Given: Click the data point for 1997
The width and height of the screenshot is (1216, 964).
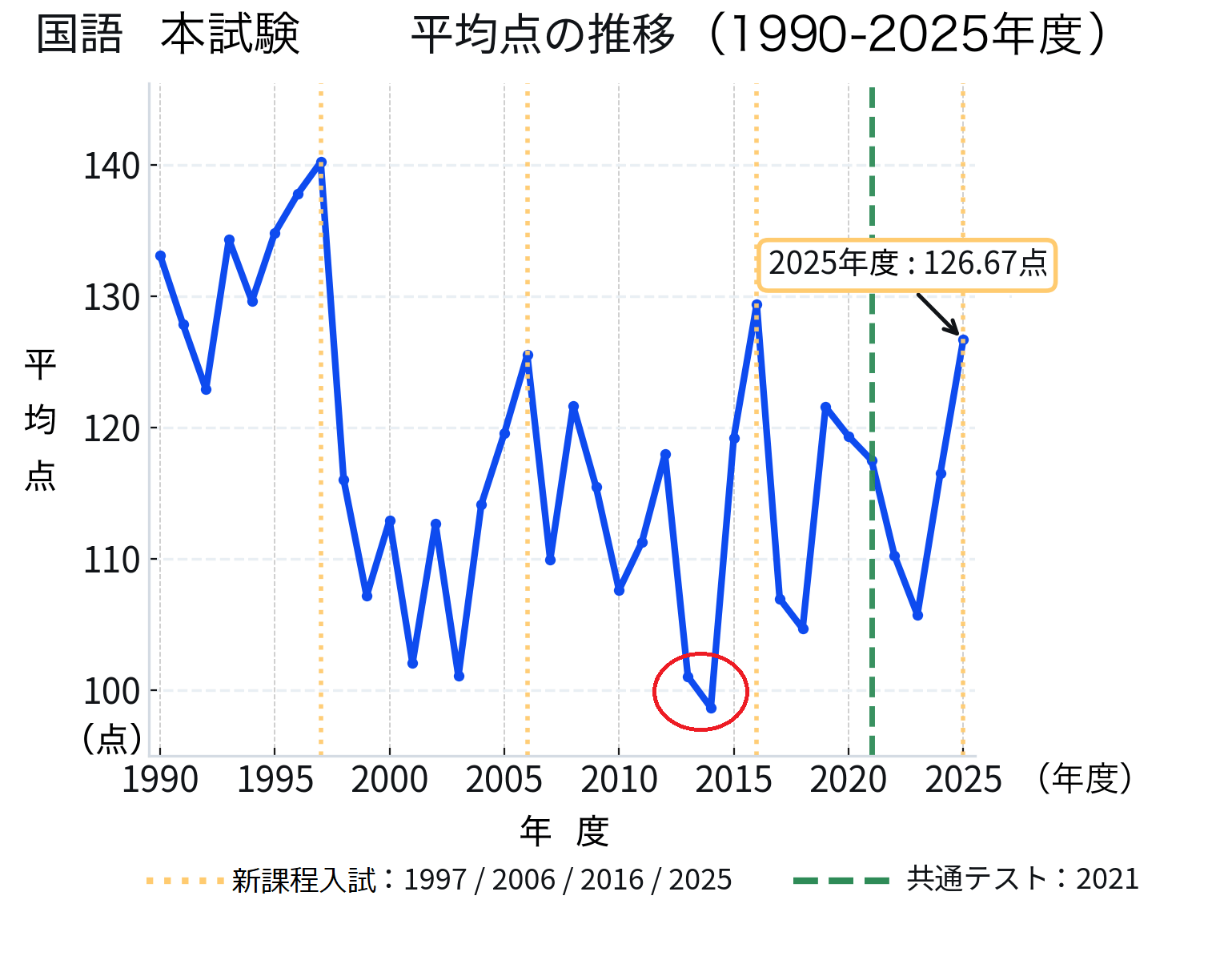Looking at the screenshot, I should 321,163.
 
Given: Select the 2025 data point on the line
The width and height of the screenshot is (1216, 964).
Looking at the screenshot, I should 963,340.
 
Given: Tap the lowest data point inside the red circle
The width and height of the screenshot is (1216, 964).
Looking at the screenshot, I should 711,708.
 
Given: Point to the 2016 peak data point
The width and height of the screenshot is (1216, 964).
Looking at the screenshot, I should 756,305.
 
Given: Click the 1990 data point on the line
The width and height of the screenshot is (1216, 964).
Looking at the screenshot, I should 160,256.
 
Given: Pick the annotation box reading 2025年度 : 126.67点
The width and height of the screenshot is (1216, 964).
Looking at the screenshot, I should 907,264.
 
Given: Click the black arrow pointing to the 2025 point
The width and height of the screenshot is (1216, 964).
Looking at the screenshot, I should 937,314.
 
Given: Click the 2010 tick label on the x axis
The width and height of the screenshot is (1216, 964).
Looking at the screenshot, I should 619,780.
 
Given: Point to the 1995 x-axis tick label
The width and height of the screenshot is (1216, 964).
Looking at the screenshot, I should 275,780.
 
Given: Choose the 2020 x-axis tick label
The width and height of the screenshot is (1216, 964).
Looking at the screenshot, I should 849,780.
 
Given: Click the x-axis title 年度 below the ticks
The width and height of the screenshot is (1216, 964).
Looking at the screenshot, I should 564,832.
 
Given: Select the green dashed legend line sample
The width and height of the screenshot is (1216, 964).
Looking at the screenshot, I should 841,881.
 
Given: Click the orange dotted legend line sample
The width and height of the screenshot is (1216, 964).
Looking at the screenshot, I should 185,881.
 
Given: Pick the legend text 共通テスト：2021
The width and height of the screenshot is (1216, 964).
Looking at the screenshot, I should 1022,879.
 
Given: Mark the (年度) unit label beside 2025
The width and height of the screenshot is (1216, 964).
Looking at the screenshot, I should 1085,778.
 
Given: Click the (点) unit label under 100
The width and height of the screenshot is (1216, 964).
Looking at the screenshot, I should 112,738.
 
